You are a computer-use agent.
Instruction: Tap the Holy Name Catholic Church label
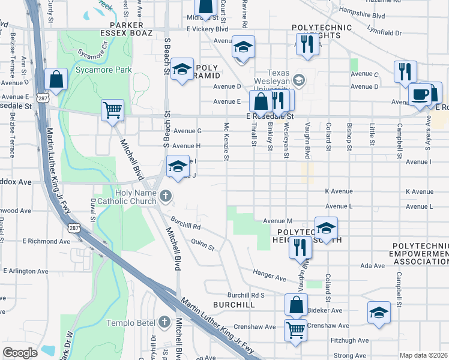pos(130,196)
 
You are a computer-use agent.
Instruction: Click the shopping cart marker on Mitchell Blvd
pos(112,110)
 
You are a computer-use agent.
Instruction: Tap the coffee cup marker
pos(419,95)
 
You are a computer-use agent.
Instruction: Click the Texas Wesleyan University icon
pos(299,79)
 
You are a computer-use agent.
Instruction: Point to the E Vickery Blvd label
pos(208,29)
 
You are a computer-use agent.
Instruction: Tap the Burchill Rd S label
pos(246,295)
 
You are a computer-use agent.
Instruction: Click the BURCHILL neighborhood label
pos(234,305)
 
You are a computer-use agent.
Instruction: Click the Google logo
pos(20,353)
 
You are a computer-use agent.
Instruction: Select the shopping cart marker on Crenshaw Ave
pos(295,329)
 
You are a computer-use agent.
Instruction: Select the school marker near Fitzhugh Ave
pos(379,313)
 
